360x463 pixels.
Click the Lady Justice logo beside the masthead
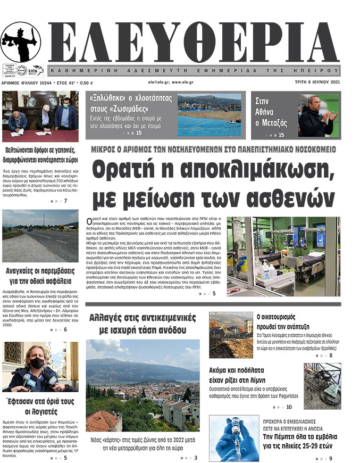point(21,43)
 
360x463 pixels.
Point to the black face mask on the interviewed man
point(36,363)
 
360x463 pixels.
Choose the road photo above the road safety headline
point(40,236)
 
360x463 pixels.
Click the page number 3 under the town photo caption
point(196,458)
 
